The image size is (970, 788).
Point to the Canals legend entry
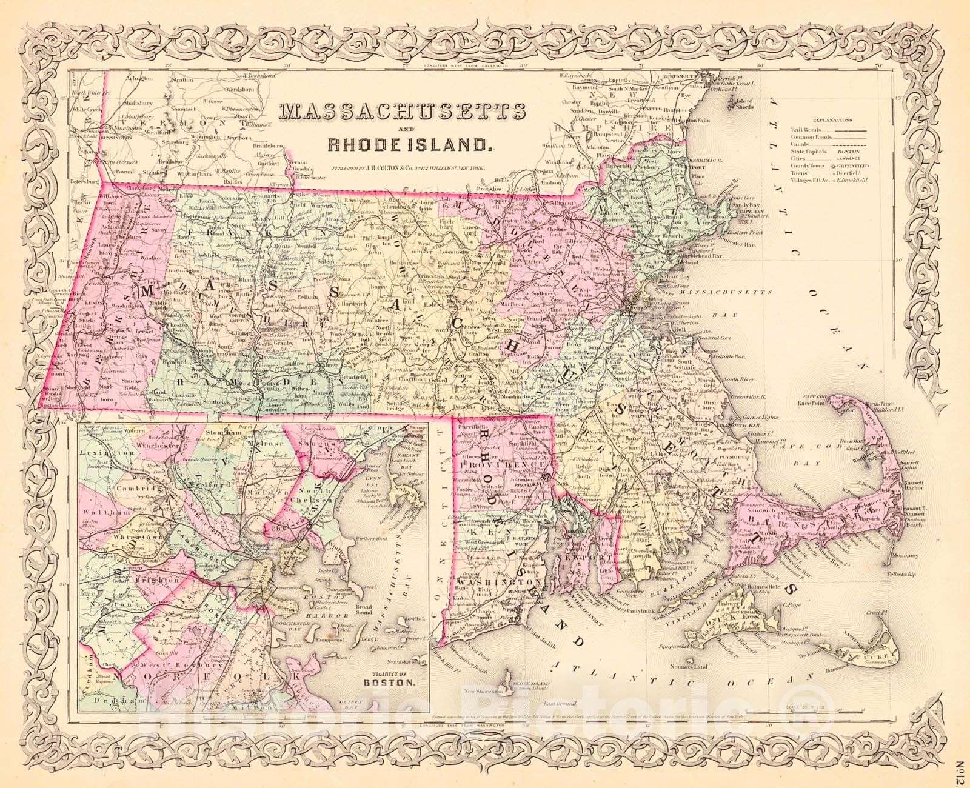click(801, 145)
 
